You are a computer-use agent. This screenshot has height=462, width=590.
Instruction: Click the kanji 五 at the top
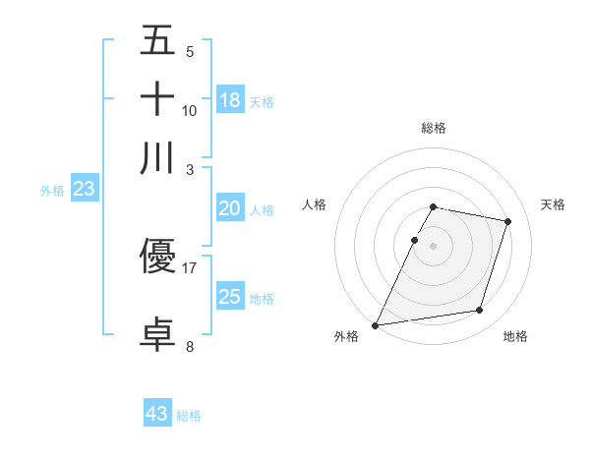tap(157, 42)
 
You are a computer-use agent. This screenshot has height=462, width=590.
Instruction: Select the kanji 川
tap(157, 157)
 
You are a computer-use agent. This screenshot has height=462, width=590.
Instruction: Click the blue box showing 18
tap(230, 99)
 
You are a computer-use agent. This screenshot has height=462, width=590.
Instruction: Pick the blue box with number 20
tap(230, 208)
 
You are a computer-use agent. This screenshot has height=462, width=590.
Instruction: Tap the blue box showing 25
tap(230, 297)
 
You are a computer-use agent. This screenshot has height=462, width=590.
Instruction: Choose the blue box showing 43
tap(157, 414)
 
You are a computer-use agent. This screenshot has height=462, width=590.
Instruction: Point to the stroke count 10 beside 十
tap(190, 110)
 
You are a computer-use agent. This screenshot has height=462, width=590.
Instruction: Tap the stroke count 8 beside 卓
tap(190, 346)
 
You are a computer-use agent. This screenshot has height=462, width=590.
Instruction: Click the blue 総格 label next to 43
tap(190, 416)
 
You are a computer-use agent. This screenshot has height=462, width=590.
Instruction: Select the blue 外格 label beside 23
tap(52, 191)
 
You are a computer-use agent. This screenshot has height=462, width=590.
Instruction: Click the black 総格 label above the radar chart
tap(433, 128)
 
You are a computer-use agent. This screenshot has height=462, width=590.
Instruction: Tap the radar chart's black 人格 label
tap(315, 204)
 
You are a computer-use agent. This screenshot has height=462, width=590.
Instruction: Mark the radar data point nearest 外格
tap(376, 324)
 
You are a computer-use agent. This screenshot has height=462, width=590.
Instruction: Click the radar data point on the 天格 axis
tap(508, 221)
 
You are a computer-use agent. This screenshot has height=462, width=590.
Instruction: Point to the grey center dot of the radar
tap(433, 246)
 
